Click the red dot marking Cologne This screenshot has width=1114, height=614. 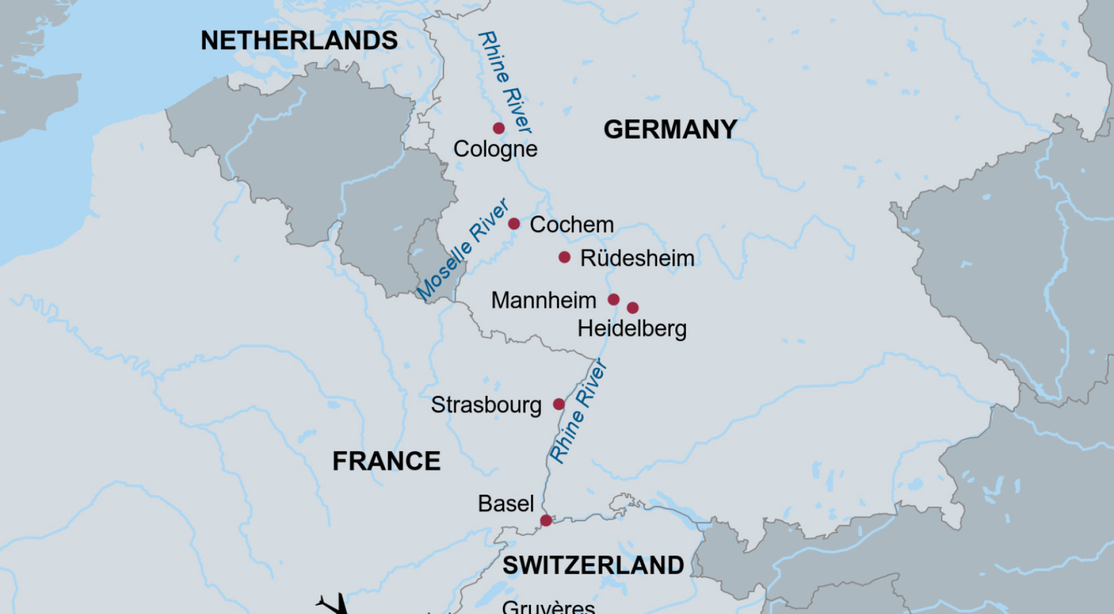pos(498,128)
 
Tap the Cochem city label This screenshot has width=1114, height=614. pos(571,225)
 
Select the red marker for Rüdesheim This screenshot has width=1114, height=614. pos(564,257)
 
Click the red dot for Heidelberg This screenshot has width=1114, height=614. pos(633,308)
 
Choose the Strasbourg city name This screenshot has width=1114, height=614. pos(486,405)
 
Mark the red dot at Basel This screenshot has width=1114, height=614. pos(546,520)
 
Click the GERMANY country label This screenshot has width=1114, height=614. pos(670,130)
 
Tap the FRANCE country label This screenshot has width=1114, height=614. pos(386,461)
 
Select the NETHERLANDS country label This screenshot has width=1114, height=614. pos(299,41)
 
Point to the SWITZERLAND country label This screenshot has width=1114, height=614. pos(593,565)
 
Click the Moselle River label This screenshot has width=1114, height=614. pos(463,249)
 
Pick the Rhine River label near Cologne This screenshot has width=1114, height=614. pos(505,82)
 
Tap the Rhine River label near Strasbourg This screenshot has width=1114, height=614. pos(578,411)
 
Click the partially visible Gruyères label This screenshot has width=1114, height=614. pos(548,607)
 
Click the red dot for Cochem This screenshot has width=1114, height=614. pos(514,223)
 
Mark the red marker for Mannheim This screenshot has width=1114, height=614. pos(613,299)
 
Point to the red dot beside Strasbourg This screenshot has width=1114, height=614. pos(559,404)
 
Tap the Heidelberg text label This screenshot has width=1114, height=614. pos(631,329)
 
